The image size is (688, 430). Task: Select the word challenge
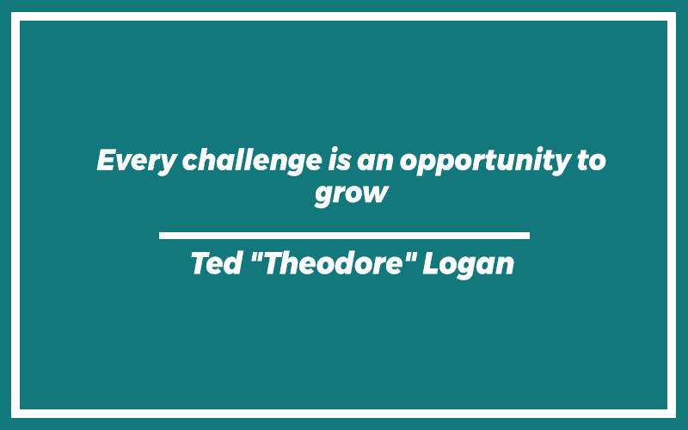pyautogui.click(x=252, y=161)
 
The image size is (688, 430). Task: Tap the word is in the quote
pyautogui.click(x=339, y=160)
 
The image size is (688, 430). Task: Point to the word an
pyautogui.click(x=375, y=162)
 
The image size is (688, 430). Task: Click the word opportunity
pyautogui.click(x=484, y=161)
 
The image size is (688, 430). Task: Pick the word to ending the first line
pyautogui.click(x=591, y=161)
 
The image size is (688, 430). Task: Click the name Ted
pyautogui.click(x=217, y=263)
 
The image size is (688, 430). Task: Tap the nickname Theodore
pyautogui.click(x=334, y=263)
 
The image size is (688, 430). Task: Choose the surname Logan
pyautogui.click(x=468, y=265)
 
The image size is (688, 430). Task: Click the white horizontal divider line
pyautogui.click(x=344, y=236)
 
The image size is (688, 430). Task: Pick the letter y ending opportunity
pyautogui.click(x=560, y=163)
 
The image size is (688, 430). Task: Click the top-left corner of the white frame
pyautogui.click(x=11, y=12)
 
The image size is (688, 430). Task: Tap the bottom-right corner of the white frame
pyautogui.click(x=676, y=418)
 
